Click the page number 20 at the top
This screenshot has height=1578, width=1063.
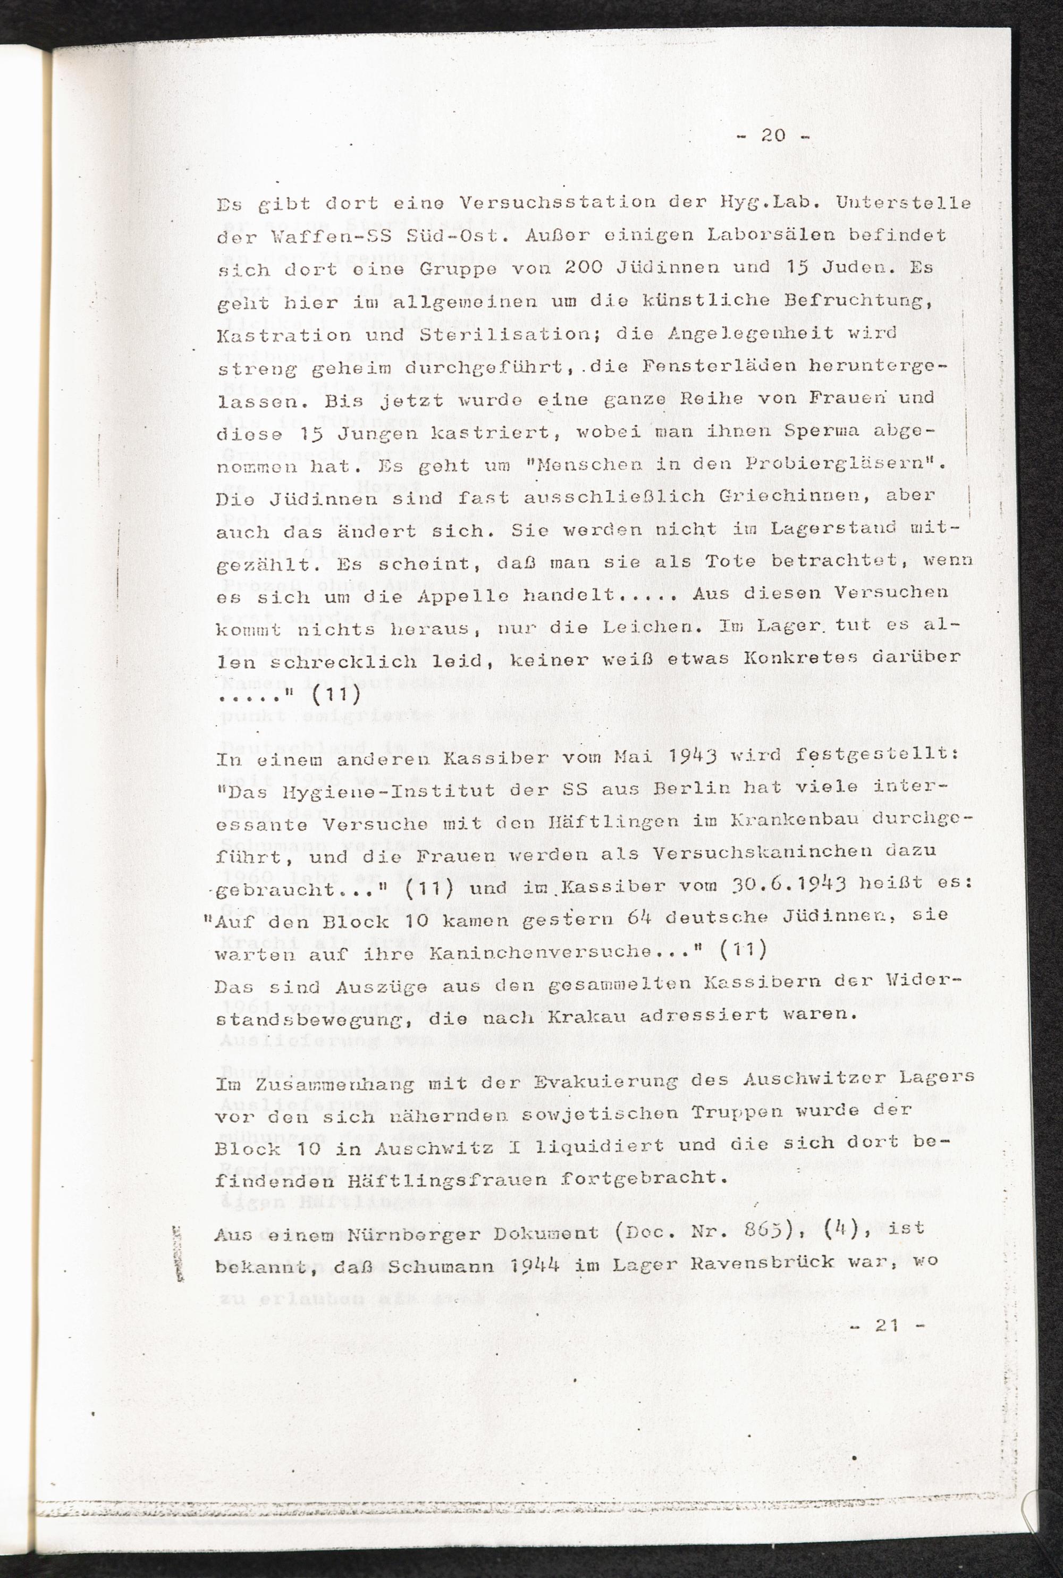[773, 136]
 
